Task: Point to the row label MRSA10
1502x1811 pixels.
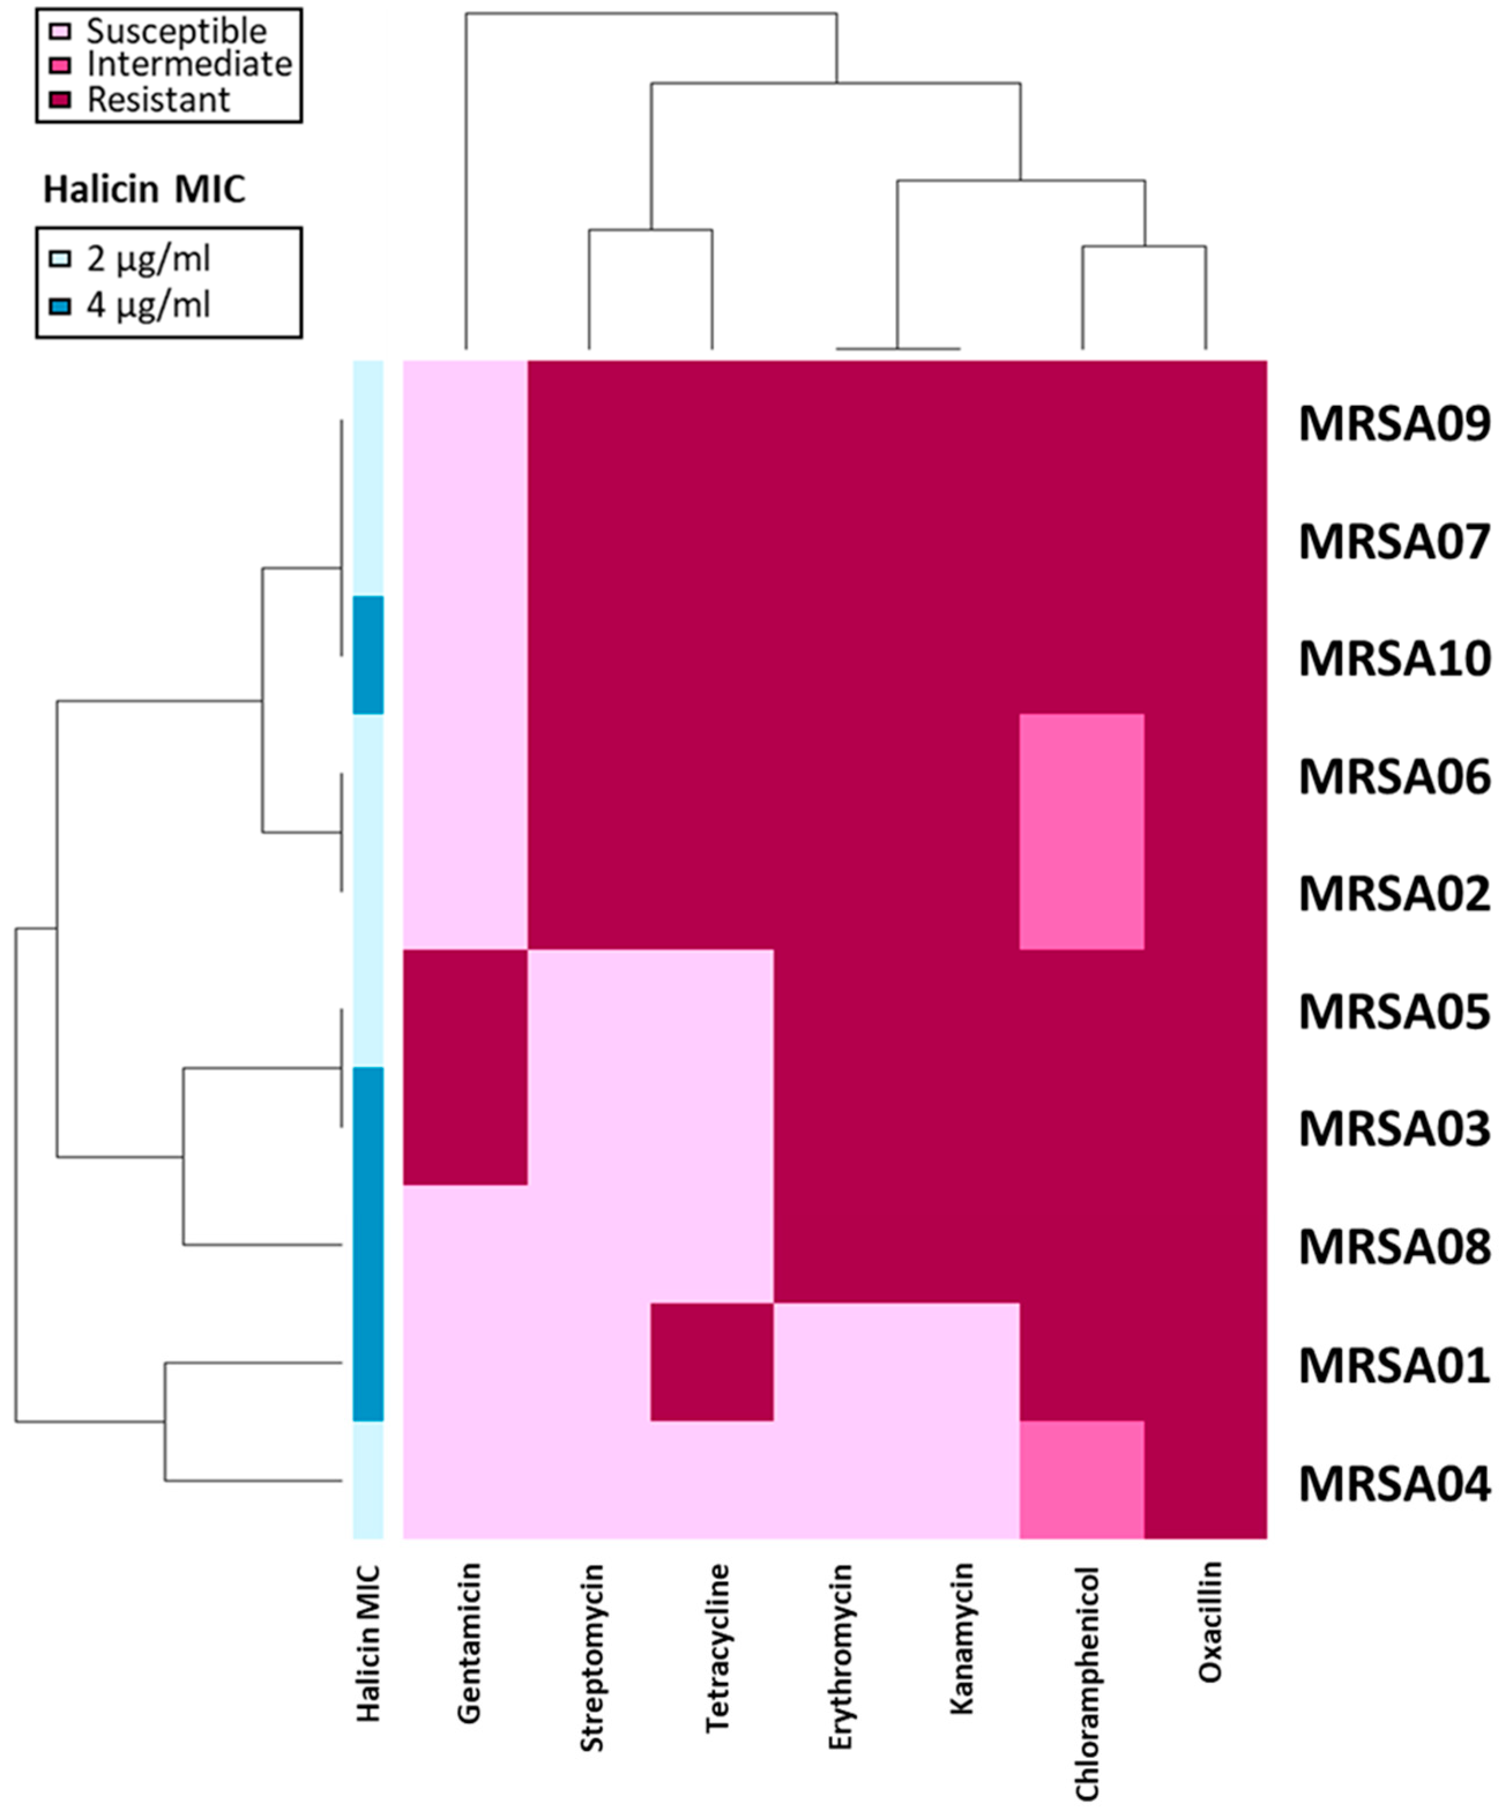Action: point(1394,659)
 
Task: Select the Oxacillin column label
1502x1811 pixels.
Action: point(1210,1621)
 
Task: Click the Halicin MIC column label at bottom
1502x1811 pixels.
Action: point(368,1643)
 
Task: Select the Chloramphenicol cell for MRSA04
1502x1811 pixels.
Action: point(1082,1480)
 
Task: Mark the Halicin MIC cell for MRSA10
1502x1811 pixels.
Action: point(368,655)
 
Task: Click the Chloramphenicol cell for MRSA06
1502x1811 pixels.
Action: point(1082,772)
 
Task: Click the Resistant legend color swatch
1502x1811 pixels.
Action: point(61,100)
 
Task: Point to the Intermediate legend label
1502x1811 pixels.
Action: point(189,65)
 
